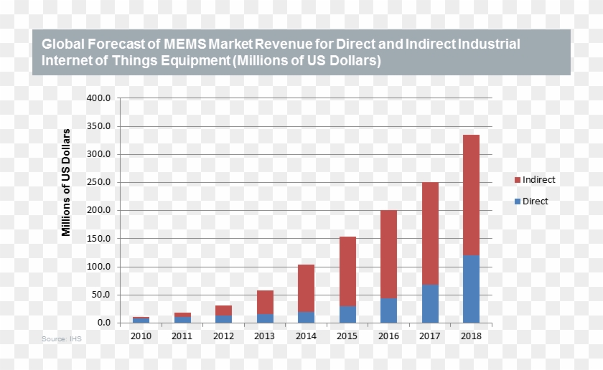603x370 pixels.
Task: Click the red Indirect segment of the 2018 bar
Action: pos(471,194)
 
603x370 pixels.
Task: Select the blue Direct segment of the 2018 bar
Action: pos(471,289)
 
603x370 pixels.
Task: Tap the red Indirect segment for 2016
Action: pos(388,254)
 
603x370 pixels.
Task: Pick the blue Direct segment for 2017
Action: pos(430,303)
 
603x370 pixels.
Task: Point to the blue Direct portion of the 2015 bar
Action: pos(347,314)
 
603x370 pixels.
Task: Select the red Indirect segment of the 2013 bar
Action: pos(265,302)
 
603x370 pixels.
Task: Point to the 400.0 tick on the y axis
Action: pos(99,98)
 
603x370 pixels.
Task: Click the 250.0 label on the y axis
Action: pos(99,182)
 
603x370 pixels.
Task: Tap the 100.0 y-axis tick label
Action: pos(99,267)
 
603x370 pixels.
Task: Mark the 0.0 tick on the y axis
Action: pos(104,323)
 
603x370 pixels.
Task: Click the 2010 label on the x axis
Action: pos(141,336)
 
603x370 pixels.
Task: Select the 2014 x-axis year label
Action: pos(306,336)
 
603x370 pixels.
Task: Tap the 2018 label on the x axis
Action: pos(471,336)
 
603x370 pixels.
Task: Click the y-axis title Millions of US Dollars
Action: pos(66,182)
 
